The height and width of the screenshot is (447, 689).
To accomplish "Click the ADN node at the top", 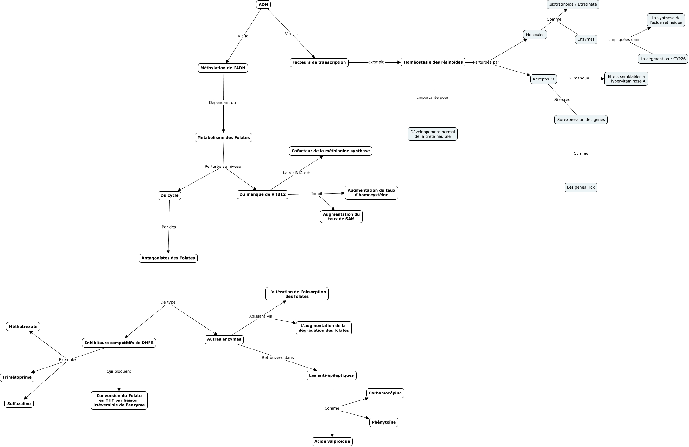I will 263,4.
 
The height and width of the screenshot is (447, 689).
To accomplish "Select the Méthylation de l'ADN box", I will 223,68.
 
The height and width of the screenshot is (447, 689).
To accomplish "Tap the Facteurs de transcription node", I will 319,62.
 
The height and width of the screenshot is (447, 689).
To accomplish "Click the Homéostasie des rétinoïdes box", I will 433,62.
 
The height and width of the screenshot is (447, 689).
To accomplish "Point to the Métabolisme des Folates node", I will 223,137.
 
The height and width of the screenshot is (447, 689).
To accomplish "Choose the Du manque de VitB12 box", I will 262,194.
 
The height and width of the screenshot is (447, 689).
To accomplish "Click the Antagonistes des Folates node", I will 168,258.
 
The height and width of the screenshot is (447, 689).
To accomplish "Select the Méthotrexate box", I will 23,326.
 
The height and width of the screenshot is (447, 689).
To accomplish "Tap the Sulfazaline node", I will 19,404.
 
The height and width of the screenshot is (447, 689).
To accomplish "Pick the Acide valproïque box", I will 332,441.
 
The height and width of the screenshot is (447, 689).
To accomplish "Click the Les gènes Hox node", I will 581,187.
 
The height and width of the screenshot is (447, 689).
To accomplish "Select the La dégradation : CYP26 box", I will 663,59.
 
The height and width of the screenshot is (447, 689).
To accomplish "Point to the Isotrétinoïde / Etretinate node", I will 573,4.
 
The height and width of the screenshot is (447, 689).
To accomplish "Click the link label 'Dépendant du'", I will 222,103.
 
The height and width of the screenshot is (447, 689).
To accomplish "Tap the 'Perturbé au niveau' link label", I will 223,167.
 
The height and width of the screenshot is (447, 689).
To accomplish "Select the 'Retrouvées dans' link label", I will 278,358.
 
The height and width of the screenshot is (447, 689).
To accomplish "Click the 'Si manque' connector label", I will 579,78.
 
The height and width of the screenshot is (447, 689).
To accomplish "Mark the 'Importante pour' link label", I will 433,98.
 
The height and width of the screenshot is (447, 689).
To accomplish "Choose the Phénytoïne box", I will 383,422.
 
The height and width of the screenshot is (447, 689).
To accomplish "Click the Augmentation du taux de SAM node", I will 341,217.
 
